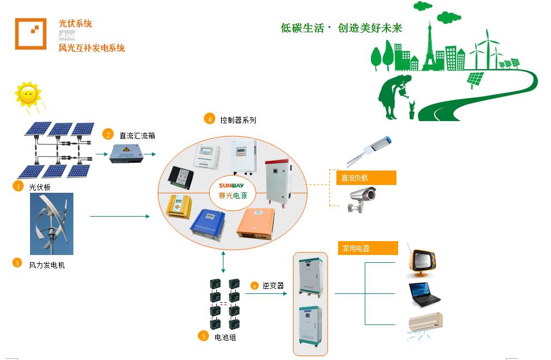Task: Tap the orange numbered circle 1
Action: pyautogui.click(x=18, y=187)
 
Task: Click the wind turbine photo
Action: pyautogui.click(x=52, y=224)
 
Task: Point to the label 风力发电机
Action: pyautogui.click(x=47, y=265)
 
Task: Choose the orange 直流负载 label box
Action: pyautogui.click(x=366, y=178)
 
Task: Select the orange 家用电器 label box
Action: pyautogui.click(x=368, y=248)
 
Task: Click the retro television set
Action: pyautogui.click(x=421, y=261)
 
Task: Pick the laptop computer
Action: pyautogui.click(x=424, y=294)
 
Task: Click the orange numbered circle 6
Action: pyautogui.click(x=255, y=286)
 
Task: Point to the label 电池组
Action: pyautogui.click(x=225, y=337)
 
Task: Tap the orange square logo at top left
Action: pyautogui.click(x=31, y=34)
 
